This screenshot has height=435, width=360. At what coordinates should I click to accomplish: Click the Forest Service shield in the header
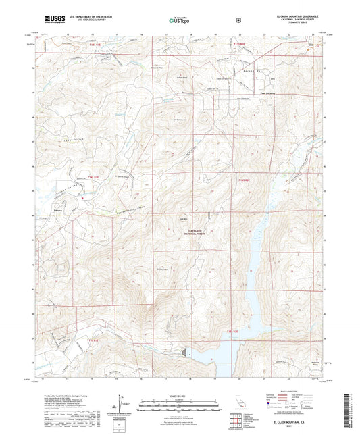(x=238, y=20)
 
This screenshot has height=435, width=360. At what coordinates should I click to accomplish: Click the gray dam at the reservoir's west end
(x=185, y=352)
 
